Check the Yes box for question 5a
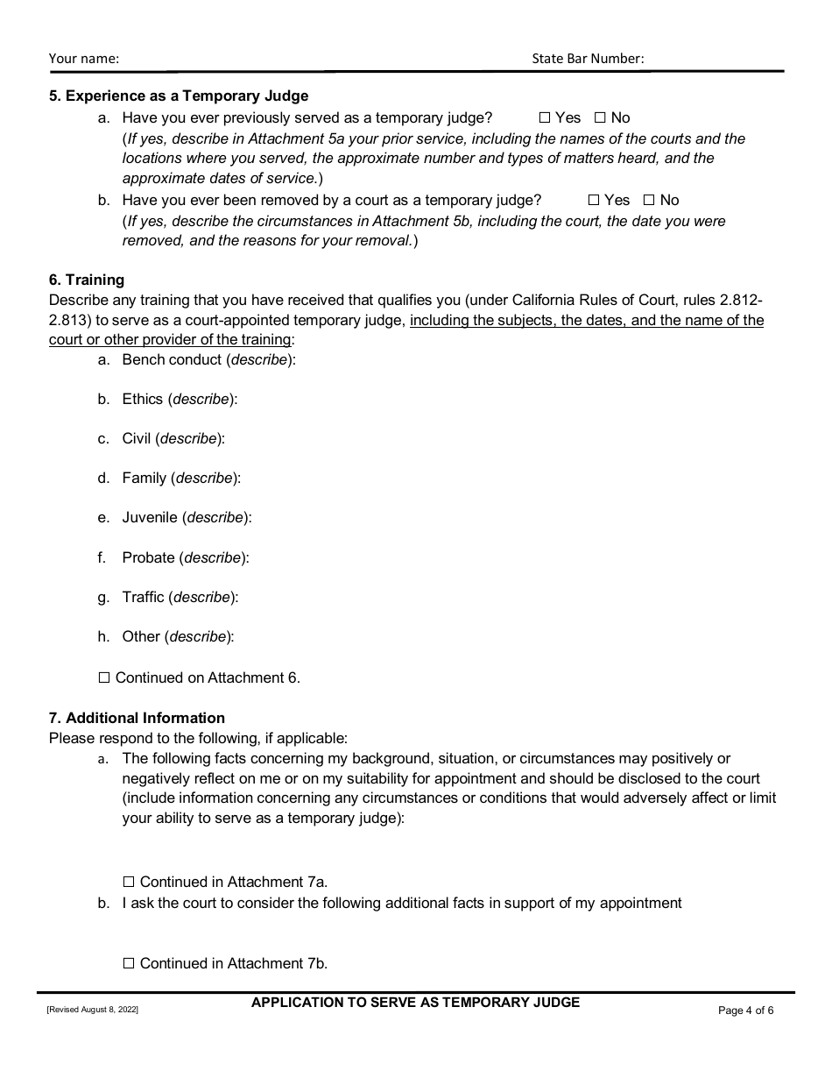(544, 117)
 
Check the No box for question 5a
(600, 117)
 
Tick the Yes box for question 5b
(593, 200)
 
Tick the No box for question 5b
(649, 200)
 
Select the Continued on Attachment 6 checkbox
(104, 677)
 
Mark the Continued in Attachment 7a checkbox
(129, 882)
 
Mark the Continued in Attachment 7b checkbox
(129, 963)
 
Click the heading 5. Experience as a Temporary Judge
(179, 96)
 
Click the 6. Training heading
(87, 280)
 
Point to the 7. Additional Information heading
(137, 718)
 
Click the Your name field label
(84, 59)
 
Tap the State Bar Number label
(588, 59)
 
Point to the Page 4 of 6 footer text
(745, 1011)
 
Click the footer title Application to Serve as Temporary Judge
(415, 1002)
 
